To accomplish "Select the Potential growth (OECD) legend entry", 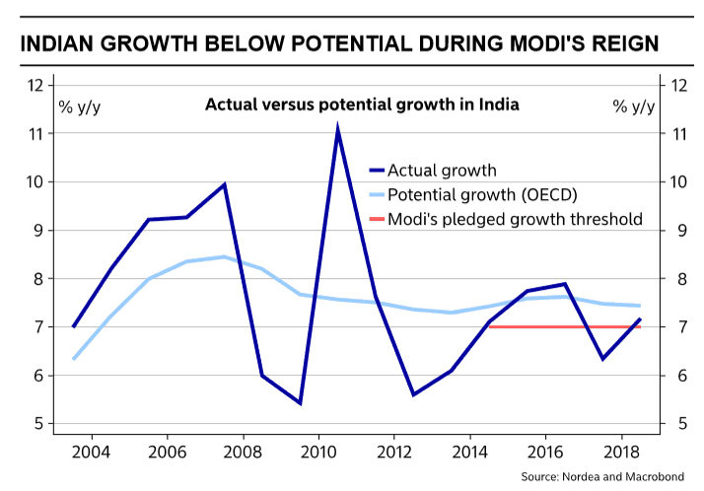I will (482, 193).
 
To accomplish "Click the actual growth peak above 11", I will (337, 129).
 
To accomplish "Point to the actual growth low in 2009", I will (300, 402).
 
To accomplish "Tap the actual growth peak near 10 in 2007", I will (225, 184).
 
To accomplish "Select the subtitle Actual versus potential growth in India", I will (362, 105).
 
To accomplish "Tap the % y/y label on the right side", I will (633, 105).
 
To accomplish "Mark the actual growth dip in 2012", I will (414, 394).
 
